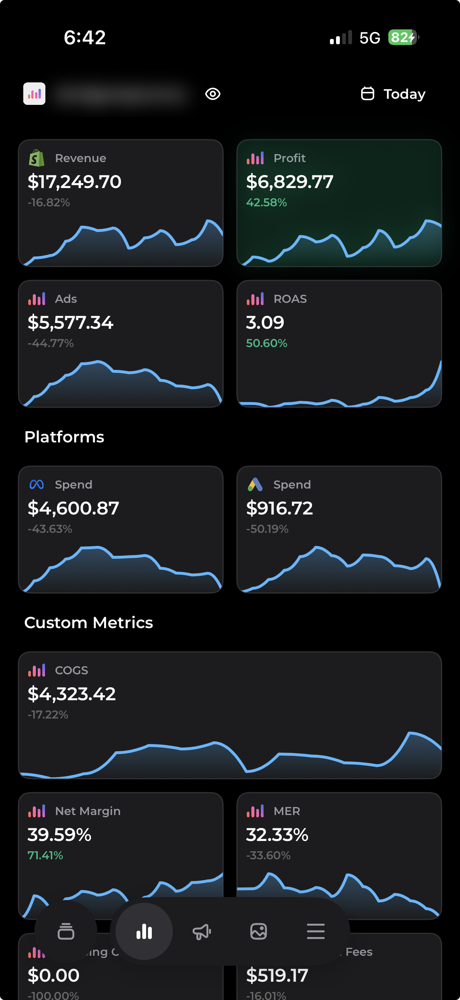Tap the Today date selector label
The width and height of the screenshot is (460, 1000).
tap(404, 94)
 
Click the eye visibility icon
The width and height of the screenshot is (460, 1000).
tap(212, 94)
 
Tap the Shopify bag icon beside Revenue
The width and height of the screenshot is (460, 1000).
tap(37, 158)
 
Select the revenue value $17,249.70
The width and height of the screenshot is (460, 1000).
tap(74, 182)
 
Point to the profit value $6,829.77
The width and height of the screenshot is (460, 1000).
tap(290, 182)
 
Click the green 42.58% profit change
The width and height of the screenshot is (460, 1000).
tap(266, 202)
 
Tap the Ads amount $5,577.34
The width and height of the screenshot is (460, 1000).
tap(70, 323)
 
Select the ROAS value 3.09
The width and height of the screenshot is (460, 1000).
tap(265, 323)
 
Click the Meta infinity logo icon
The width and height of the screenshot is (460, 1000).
tap(37, 484)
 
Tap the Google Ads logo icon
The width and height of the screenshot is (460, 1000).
tap(255, 484)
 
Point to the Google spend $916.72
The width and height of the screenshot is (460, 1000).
tap(279, 508)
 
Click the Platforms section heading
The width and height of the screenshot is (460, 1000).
tap(64, 437)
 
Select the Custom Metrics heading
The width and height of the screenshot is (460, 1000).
tap(88, 623)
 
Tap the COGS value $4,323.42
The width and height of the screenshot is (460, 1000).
tap(72, 694)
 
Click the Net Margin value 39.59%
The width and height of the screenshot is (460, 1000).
tap(60, 834)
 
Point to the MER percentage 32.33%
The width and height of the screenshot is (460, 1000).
tap(277, 834)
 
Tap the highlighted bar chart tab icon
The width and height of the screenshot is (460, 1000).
tap(144, 931)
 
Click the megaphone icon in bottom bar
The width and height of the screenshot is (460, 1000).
tap(201, 931)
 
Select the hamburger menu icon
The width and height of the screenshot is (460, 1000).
tap(315, 931)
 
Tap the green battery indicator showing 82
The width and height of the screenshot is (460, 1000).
tap(402, 38)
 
